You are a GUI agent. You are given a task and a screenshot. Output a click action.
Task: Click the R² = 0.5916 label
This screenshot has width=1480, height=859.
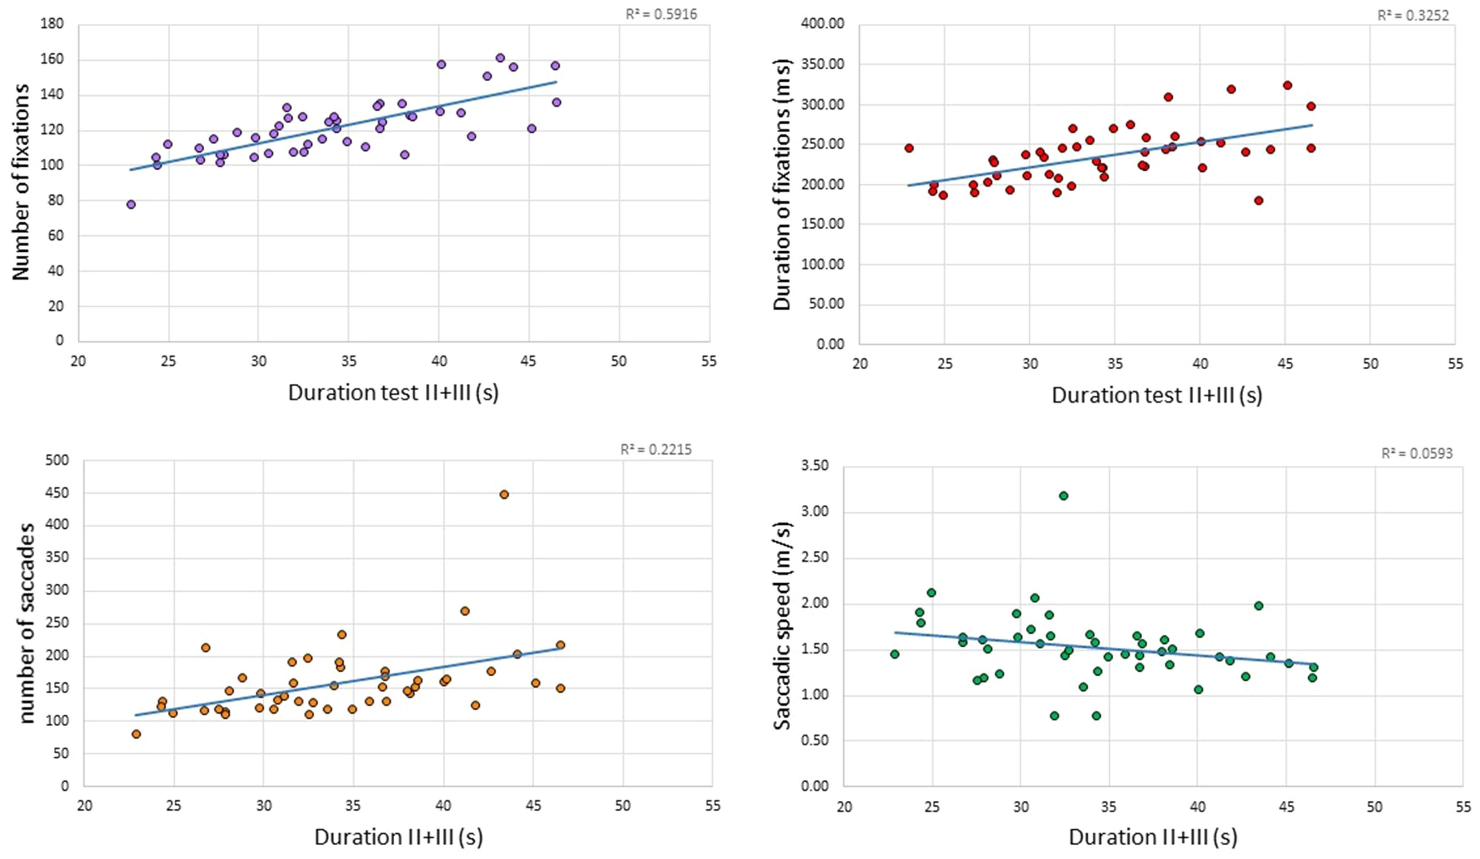tap(661, 15)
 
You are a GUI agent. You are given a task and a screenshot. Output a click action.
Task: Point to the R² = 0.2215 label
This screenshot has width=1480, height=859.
tap(656, 450)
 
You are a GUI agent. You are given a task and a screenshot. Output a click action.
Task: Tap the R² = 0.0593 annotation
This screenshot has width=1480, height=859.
tap(1417, 453)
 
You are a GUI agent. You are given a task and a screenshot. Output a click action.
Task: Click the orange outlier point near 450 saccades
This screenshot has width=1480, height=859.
tap(504, 495)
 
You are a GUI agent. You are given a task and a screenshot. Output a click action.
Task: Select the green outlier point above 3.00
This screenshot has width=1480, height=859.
tap(1063, 495)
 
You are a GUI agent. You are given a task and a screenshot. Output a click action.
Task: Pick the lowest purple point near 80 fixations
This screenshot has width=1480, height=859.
tap(131, 204)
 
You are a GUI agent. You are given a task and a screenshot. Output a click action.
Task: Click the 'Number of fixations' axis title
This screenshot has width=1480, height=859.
tap(21, 182)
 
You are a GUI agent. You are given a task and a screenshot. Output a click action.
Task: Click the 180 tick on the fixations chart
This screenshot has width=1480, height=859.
tap(52, 24)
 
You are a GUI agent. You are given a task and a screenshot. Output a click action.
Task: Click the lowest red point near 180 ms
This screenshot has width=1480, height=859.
tap(1258, 200)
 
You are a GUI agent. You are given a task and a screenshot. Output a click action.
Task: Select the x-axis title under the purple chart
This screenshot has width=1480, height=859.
tap(393, 392)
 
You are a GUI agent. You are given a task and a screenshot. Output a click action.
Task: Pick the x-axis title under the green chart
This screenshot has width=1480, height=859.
tap(1152, 837)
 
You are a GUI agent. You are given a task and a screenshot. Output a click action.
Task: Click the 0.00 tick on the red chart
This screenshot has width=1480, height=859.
tap(830, 344)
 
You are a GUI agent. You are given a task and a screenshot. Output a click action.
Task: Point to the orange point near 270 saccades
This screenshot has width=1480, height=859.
tap(464, 611)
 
